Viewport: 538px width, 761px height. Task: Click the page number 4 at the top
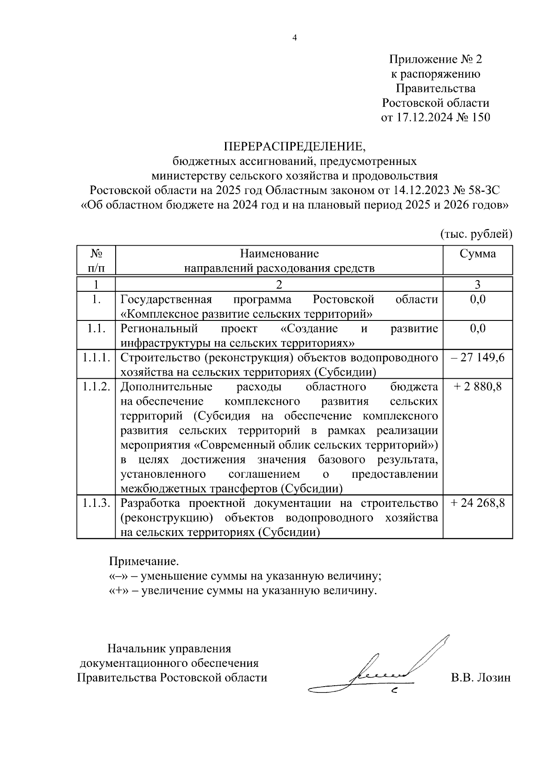point(295,38)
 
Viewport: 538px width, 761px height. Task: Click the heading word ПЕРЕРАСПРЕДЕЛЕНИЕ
point(295,147)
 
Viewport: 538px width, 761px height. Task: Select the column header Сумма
point(478,254)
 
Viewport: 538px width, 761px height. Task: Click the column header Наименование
point(279,254)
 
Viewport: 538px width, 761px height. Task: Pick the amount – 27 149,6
point(478,357)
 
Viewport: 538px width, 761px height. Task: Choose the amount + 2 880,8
point(478,386)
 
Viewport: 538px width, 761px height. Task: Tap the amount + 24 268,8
point(478,503)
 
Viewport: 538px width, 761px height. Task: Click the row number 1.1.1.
point(96,357)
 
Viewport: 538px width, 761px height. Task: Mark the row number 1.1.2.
point(96,386)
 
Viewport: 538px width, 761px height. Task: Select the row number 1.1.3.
point(96,503)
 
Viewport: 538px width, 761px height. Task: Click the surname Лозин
point(492,677)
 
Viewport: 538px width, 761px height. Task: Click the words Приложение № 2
point(435,59)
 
